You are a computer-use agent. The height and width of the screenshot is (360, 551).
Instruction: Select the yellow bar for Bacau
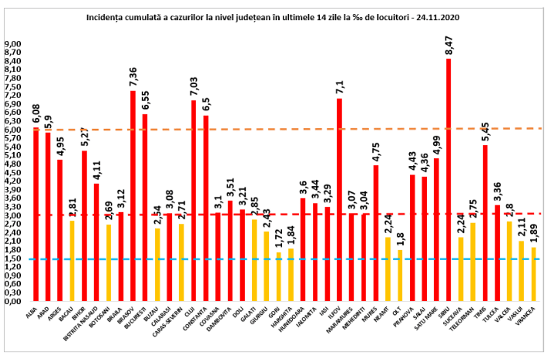(72, 261)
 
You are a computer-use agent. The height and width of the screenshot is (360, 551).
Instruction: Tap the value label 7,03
(194, 86)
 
